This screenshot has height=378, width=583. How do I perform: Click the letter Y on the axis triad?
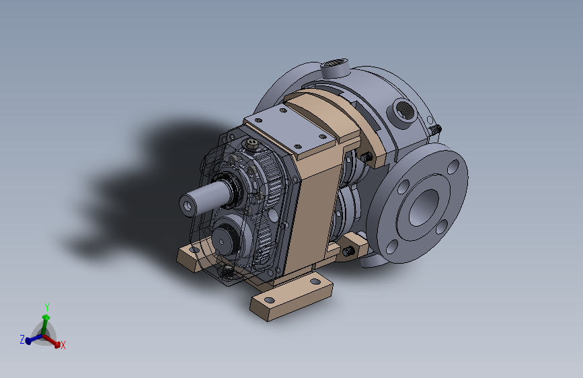tap(47, 307)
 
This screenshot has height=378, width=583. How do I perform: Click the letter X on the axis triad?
tap(63, 345)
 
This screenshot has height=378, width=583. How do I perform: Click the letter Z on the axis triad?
tap(22, 339)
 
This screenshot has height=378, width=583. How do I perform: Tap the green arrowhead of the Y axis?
tap(46, 317)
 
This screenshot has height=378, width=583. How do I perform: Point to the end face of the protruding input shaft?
tap(188, 205)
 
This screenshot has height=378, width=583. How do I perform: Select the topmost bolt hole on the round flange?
tap(453, 167)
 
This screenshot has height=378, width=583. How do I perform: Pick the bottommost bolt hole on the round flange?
tap(391, 247)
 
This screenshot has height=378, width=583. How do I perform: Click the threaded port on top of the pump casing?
tap(335, 67)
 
